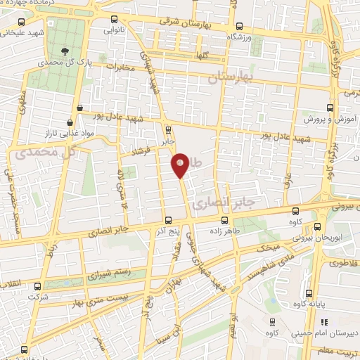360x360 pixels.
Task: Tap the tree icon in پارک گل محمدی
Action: (x=65, y=51)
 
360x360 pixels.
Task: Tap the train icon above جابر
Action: (x=167, y=129)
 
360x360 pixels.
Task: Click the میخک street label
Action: (x=267, y=247)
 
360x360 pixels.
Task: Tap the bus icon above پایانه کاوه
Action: (x=308, y=294)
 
